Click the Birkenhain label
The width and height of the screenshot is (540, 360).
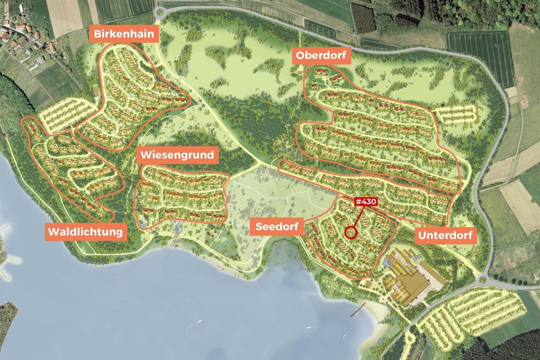pyautogui.click(x=124, y=35)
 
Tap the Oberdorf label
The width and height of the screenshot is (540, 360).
pyautogui.click(x=322, y=55)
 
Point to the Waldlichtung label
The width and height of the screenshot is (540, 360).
pyautogui.click(x=85, y=232)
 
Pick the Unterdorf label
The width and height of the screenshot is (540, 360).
pyautogui.click(x=445, y=235)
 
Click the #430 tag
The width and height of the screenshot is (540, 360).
pyautogui.click(x=365, y=201)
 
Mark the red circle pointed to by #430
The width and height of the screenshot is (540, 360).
pyautogui.click(x=351, y=232)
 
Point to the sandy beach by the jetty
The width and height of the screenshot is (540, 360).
pyautogui.click(x=377, y=315)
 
